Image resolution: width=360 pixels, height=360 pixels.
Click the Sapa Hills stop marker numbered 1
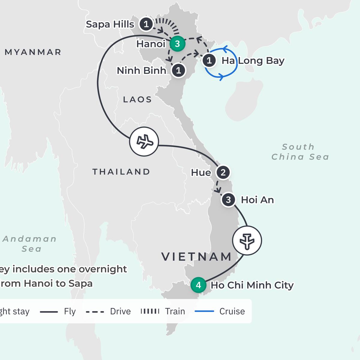[x=146, y=24]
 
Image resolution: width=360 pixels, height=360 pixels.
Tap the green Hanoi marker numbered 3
[x=177, y=44]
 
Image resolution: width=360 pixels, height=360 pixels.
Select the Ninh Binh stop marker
[x=178, y=71]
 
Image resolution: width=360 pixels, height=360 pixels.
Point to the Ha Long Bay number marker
[x=209, y=61]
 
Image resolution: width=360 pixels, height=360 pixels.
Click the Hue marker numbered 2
[x=223, y=172]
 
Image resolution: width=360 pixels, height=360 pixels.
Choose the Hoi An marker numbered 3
[x=228, y=200]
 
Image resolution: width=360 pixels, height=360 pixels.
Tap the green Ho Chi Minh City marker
[x=198, y=285]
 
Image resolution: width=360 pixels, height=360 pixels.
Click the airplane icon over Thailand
[x=144, y=142]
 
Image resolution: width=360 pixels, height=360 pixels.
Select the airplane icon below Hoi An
[x=247, y=241]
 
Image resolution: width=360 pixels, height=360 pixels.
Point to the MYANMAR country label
[x=33, y=52]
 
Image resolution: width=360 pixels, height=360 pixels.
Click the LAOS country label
[x=137, y=100]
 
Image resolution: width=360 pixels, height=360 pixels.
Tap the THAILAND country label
[x=121, y=172]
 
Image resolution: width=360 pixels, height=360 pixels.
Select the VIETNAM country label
[x=196, y=257]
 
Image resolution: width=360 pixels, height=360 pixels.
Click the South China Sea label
[x=300, y=152]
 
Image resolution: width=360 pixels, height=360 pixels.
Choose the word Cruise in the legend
[x=232, y=311]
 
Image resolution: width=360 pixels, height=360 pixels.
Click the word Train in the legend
[x=175, y=311]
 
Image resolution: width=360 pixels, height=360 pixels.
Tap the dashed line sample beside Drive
[x=95, y=312]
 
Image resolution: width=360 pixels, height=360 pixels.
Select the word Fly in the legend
[x=70, y=311]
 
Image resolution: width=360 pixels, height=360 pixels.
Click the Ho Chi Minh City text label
[x=252, y=285]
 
